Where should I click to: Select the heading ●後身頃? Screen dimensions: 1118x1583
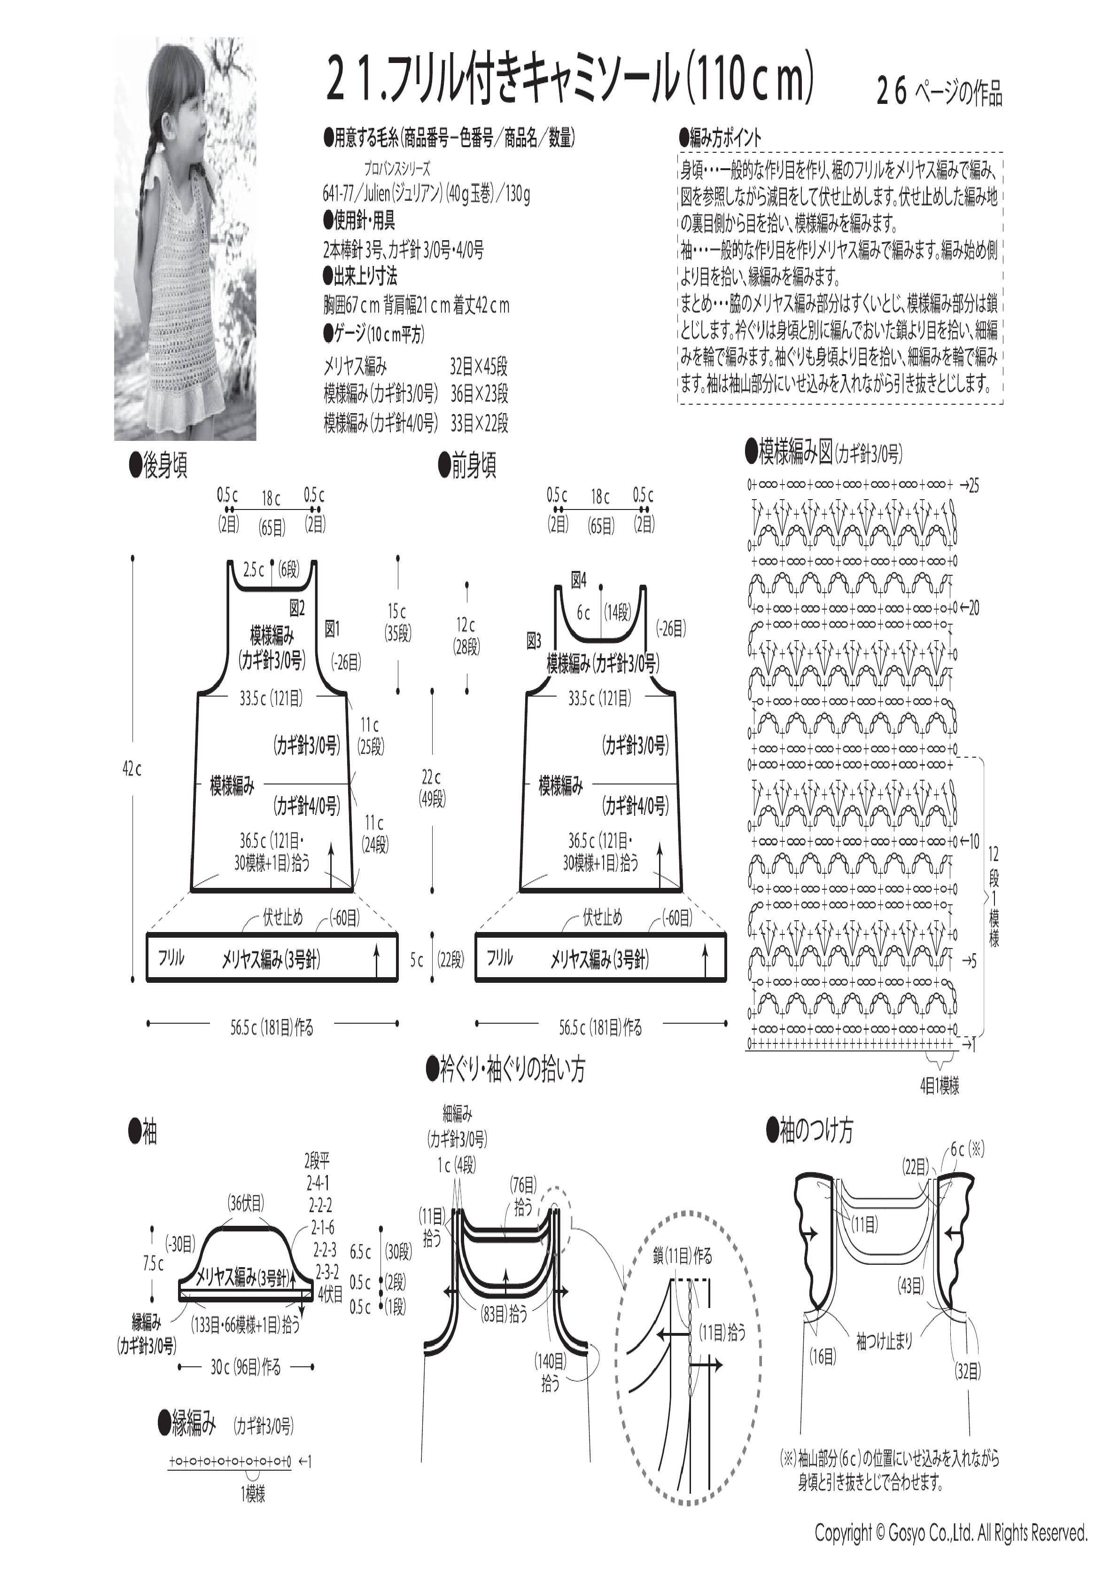point(158,466)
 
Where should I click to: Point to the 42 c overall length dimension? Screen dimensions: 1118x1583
point(132,769)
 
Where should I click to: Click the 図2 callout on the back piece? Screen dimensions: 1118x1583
point(297,607)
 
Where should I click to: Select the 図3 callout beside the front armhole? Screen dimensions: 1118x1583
point(534,641)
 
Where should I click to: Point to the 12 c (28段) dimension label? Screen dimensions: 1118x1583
point(466,635)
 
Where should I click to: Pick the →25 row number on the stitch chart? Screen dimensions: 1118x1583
point(969,486)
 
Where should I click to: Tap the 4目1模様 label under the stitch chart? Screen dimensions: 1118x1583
point(939,1087)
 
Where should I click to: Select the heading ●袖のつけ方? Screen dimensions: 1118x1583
point(810,1131)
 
